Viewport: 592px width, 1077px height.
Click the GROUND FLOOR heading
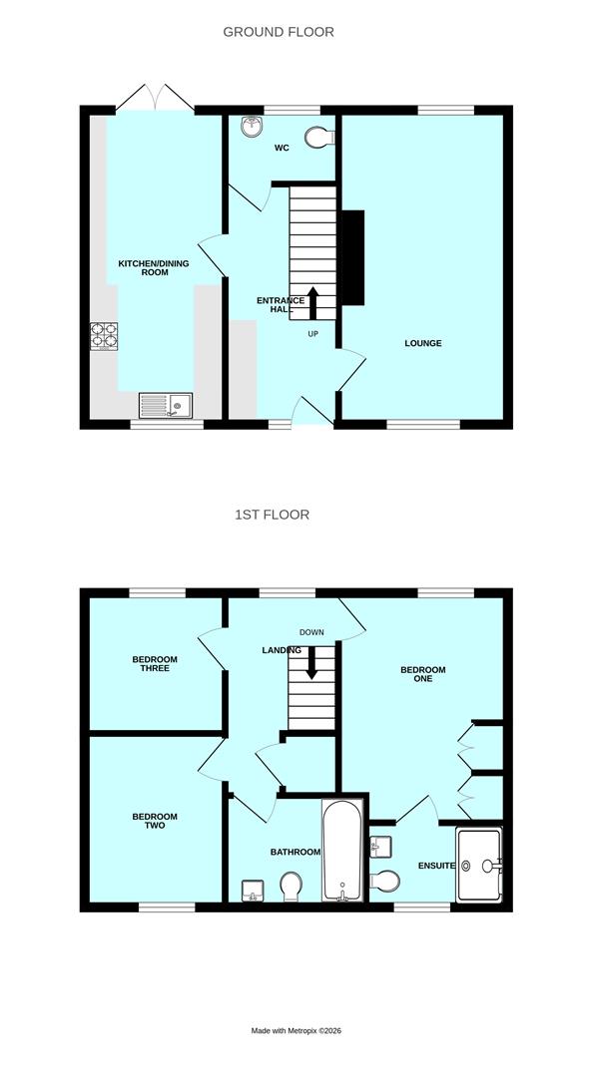coord(278,32)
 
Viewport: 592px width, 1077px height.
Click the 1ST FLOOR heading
coord(272,515)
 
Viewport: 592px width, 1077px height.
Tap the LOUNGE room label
coord(422,344)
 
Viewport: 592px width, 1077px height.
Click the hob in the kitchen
coord(104,336)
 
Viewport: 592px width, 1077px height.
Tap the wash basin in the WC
coord(252,127)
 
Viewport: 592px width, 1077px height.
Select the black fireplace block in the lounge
coord(353,258)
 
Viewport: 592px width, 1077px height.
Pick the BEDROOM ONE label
coord(422,675)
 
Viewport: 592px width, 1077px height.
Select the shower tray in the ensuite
coord(478,865)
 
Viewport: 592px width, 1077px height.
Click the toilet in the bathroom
coord(291,886)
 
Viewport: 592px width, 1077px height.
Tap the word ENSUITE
coord(436,866)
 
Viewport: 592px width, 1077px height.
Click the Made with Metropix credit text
coord(296,1030)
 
